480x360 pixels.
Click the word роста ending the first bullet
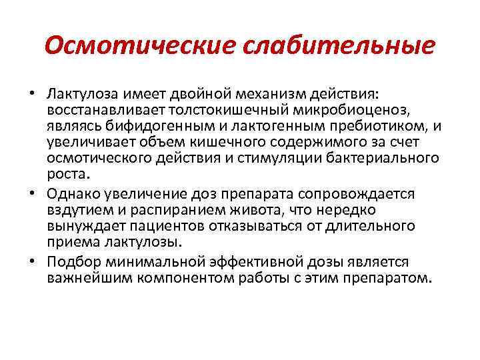tap(67, 174)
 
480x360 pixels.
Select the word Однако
tap(73, 193)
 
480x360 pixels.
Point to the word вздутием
tap(77, 209)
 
